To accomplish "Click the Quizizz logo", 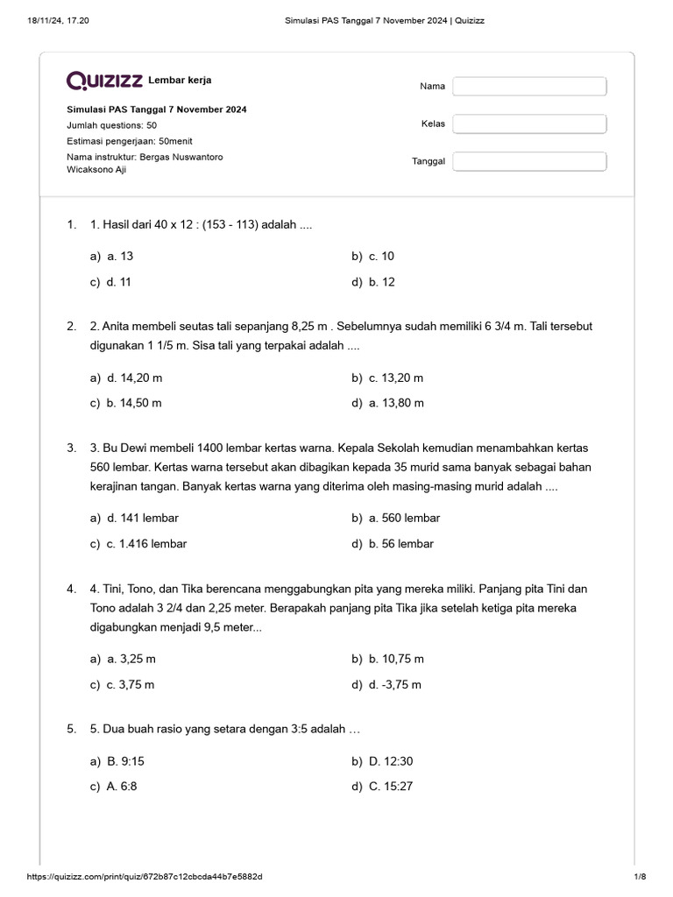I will (x=105, y=81).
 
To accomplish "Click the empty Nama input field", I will (x=529, y=86).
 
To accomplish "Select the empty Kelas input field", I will (x=529, y=124).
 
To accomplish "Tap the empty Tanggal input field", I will (x=529, y=161).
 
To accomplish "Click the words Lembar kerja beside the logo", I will (x=180, y=81).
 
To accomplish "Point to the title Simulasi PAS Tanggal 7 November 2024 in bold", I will (x=157, y=109).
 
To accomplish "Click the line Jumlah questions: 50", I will (x=112, y=125).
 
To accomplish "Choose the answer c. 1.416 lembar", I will (x=146, y=544).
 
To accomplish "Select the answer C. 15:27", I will (x=390, y=787).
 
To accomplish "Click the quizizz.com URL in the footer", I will (x=145, y=877).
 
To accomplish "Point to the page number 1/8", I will (x=639, y=877).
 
